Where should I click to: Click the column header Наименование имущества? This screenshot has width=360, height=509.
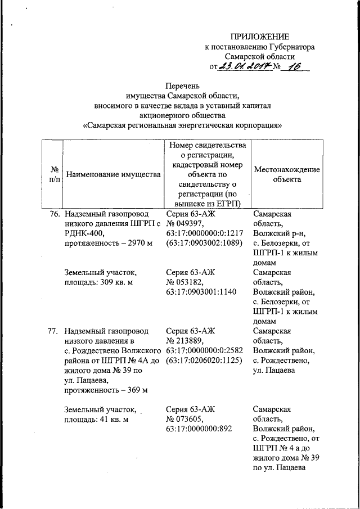(114, 174)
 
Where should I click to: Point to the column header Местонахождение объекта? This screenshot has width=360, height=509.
(287, 174)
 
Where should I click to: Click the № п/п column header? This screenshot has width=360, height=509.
(55, 174)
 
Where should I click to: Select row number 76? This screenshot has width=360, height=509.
(53, 215)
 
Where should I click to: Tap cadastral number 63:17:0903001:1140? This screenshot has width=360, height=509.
(201, 292)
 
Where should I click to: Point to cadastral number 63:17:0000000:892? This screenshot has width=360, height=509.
(198, 429)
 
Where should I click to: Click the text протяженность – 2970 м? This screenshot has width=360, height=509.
(109, 244)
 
